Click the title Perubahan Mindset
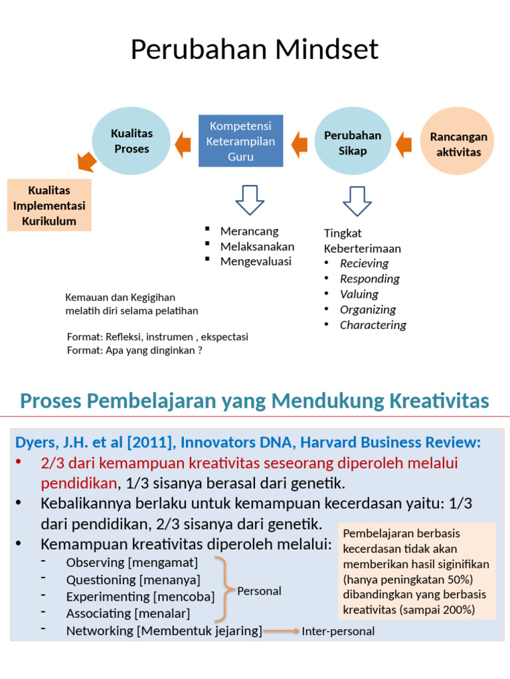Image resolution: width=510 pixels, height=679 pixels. point(254,50)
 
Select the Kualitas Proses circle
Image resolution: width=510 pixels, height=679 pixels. point(131,141)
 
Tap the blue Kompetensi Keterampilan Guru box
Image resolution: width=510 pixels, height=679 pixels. point(241,141)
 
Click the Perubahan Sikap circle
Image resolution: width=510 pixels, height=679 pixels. point(352,143)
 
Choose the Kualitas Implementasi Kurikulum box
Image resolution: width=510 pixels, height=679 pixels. point(49,206)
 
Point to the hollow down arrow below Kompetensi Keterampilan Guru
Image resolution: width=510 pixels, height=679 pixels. point(250,200)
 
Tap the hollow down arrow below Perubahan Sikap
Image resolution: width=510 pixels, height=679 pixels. point(357,200)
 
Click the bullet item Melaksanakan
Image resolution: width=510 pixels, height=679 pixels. point(257,247)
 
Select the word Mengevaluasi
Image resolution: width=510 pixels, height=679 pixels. point(256,261)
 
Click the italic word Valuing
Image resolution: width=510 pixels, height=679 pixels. point(359,294)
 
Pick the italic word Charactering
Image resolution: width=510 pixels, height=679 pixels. point(373,325)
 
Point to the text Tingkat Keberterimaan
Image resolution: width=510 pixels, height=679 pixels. point(362,241)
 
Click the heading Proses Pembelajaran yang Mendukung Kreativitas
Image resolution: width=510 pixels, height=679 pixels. point(254,401)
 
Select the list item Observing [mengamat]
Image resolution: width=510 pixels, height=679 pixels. point(131,563)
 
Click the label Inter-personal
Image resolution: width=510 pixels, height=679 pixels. point(338,631)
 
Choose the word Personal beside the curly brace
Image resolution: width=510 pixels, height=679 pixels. point(259,591)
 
